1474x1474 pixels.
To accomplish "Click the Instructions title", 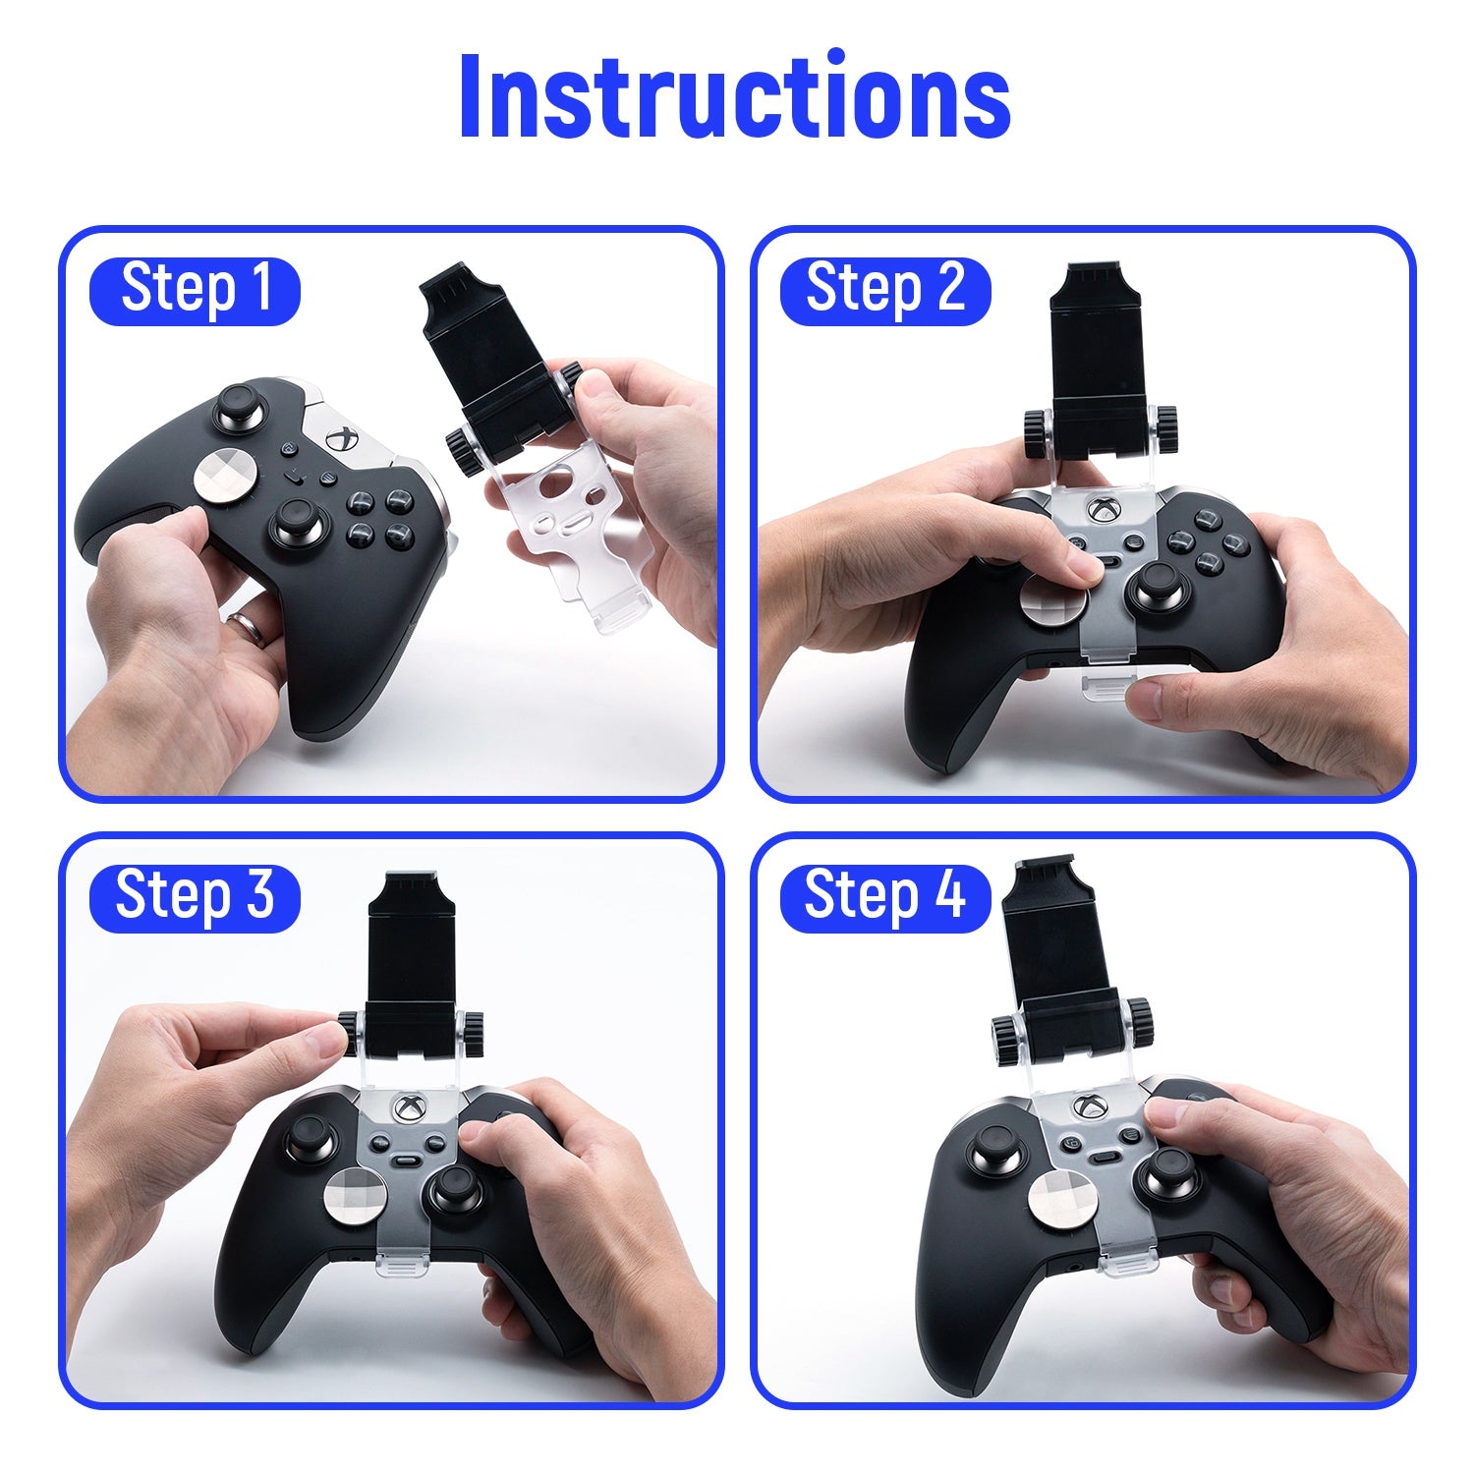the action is coord(734,95).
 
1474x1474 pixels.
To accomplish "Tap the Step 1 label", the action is coord(195,291).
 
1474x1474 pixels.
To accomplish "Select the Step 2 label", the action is coord(885,291).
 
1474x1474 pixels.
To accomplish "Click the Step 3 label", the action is coord(195,897).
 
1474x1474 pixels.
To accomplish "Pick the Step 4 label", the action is coord(885,897).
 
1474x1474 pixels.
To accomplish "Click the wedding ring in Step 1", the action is coord(247,627).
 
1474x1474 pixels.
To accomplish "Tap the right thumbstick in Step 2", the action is coord(1160,591).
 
